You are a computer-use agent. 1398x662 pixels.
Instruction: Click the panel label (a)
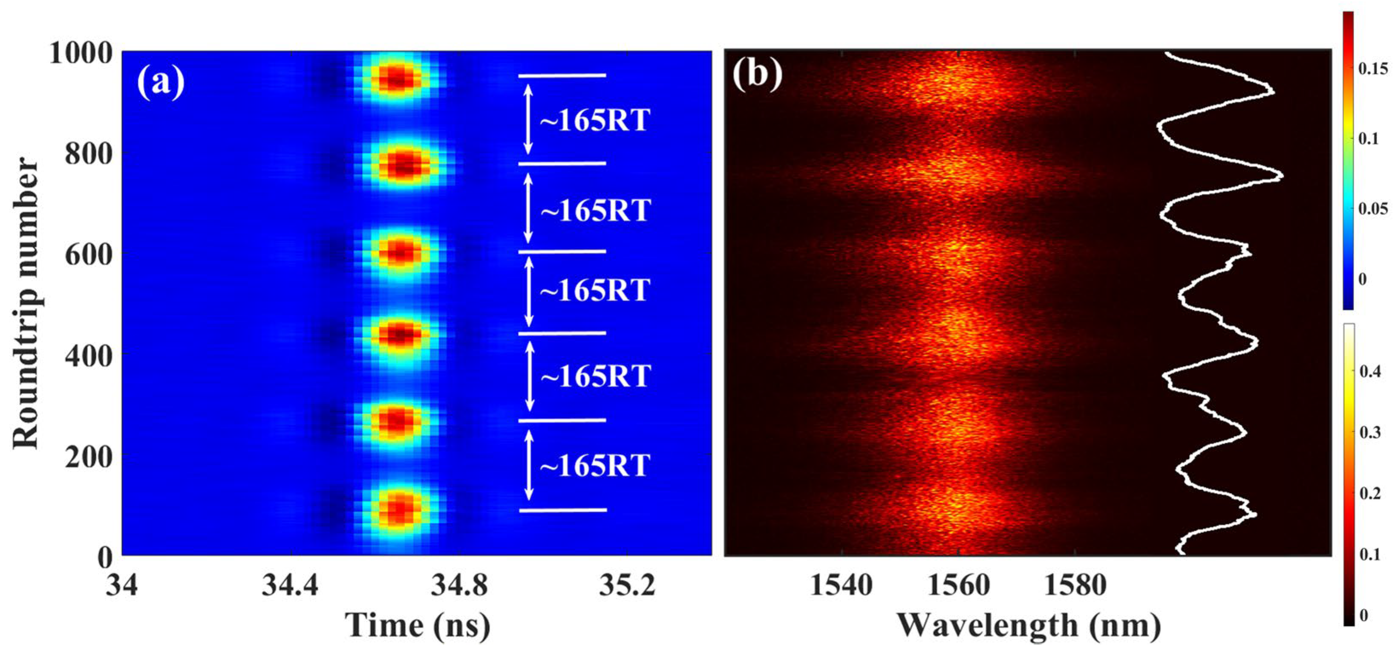[x=161, y=83]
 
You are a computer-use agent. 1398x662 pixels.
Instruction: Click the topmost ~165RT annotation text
[x=595, y=120]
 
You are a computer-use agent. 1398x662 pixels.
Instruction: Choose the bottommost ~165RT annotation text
[x=595, y=465]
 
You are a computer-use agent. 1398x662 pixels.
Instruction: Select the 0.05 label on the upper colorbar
[x=1372, y=209]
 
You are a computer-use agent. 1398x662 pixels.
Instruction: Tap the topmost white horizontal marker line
[x=562, y=76]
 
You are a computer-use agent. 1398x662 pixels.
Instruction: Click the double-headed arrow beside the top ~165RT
[x=528, y=120]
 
